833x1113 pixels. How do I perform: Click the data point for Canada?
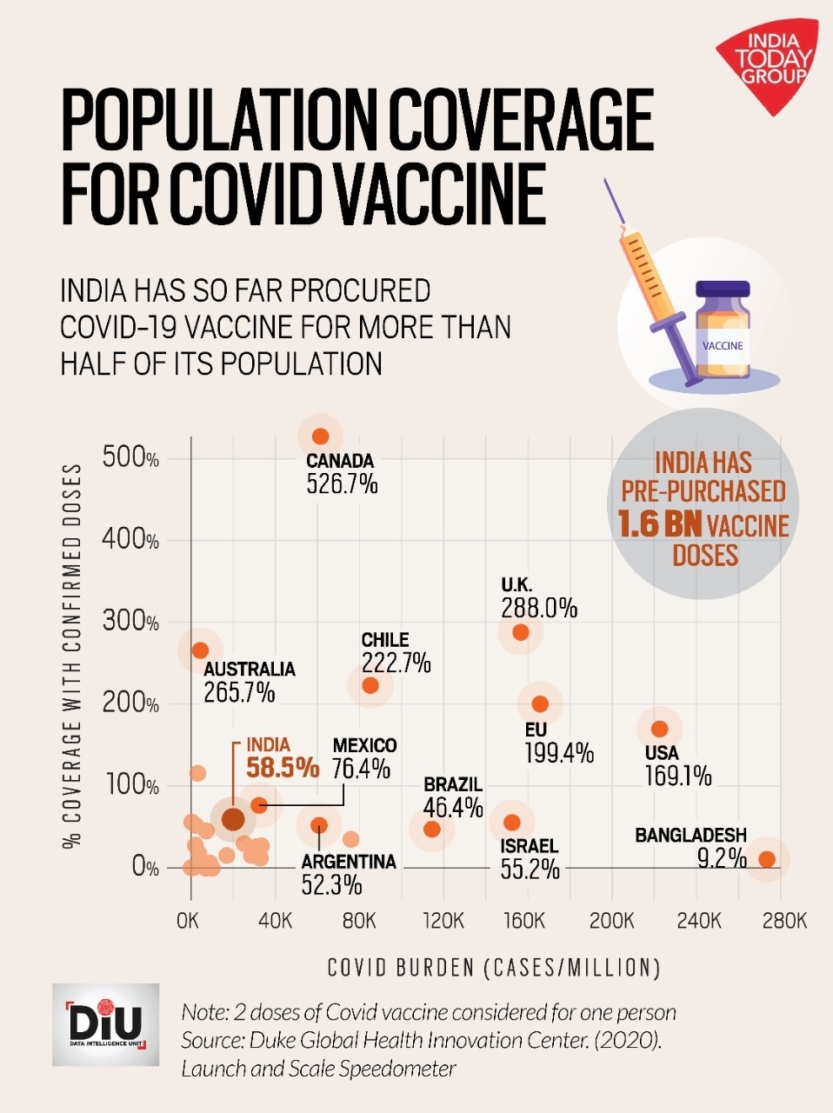coord(320,437)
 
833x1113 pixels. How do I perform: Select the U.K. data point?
coord(521,632)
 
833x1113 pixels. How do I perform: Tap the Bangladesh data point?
coord(767,859)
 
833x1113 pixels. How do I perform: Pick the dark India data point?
coord(233,818)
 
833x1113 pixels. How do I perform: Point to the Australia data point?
coord(200,650)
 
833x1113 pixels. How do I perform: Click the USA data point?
coord(659,729)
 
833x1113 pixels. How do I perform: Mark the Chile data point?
coord(370,685)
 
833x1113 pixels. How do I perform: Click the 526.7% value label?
coord(342,484)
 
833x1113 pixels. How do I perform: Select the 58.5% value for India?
coord(283,768)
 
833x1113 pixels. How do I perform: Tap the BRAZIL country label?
coord(453,785)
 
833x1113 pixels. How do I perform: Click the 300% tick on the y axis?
coord(130,621)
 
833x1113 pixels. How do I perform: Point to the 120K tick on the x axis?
coord(443,920)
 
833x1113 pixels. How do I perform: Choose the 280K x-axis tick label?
coord(784,920)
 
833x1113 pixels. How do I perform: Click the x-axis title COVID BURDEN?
coord(494,968)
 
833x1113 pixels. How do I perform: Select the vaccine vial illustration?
coord(722,330)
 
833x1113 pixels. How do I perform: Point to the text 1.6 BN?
coord(659,524)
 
